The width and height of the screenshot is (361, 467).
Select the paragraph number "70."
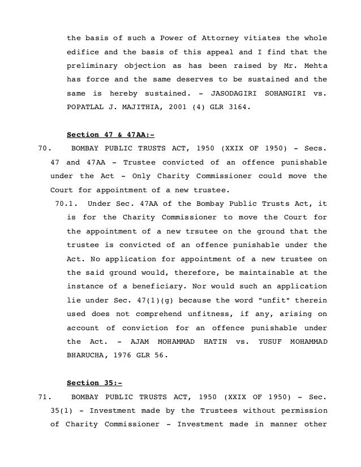pyautogui.click(x=44, y=148)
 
